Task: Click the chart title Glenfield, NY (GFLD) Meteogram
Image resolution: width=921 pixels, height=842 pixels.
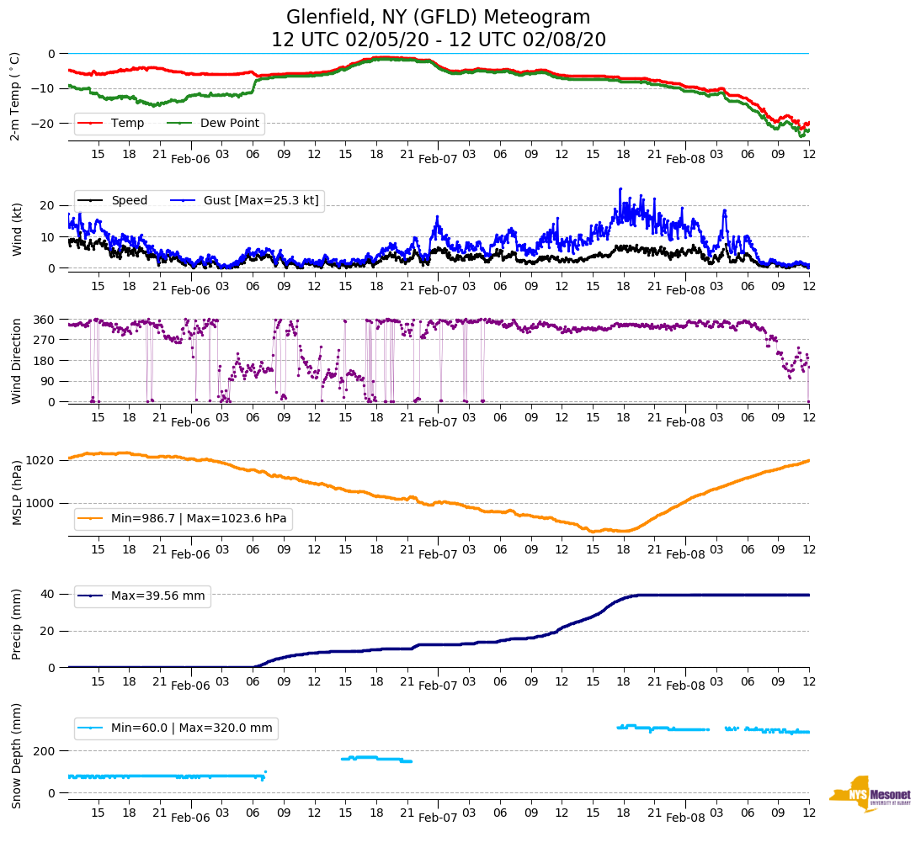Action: [x=438, y=18]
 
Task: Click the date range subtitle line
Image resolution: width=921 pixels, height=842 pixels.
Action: [x=438, y=40]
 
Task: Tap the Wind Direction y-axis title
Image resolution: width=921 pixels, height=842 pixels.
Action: [x=17, y=360]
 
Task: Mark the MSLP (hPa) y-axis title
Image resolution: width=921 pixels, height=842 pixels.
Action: [x=17, y=493]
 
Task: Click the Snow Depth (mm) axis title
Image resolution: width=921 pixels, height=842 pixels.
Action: [x=17, y=755]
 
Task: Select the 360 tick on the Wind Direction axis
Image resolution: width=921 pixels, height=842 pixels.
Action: [x=45, y=320]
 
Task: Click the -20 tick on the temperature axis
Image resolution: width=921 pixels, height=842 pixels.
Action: [x=45, y=123]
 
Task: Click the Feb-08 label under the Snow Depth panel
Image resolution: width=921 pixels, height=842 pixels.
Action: [x=685, y=818]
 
